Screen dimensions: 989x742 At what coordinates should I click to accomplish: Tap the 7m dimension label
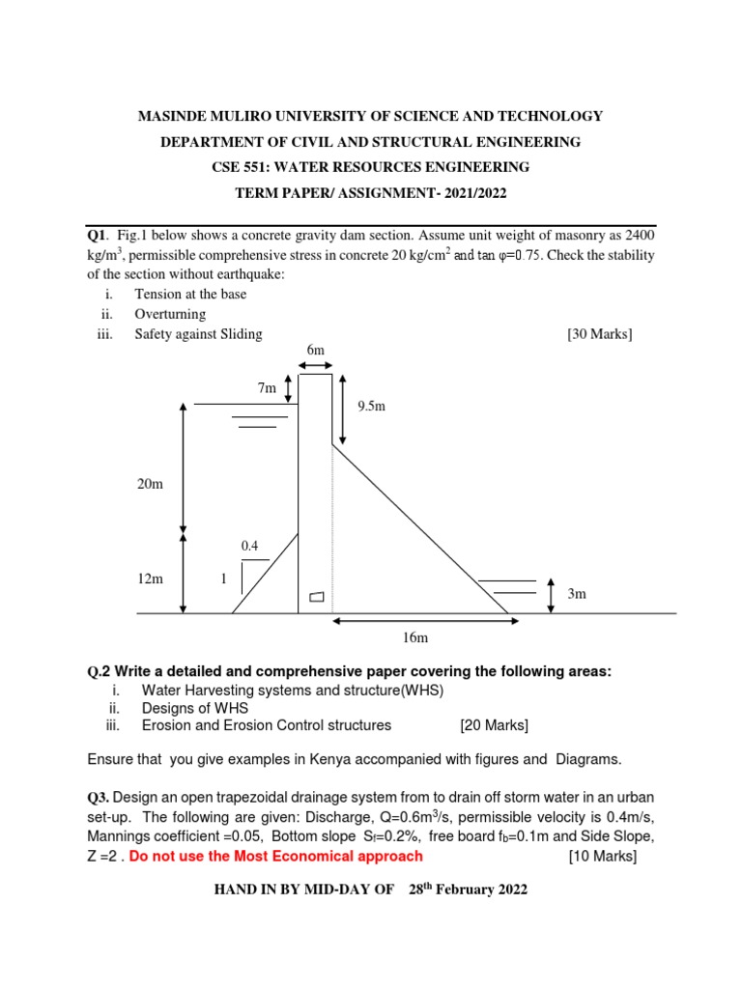(x=267, y=387)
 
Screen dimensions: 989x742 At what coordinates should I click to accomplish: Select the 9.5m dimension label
(x=371, y=407)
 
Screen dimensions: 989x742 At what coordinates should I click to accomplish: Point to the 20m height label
(x=150, y=483)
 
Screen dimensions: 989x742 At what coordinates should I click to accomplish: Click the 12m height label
(x=150, y=579)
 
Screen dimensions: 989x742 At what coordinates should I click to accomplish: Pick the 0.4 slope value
(x=249, y=546)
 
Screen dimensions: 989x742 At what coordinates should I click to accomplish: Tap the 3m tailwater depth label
(x=577, y=594)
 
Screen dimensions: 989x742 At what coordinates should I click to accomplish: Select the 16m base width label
(x=415, y=638)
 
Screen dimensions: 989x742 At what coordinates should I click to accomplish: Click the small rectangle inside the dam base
(x=316, y=597)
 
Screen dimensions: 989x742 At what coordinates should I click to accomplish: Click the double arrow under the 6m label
(x=315, y=365)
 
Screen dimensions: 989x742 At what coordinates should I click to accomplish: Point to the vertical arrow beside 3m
(x=550, y=595)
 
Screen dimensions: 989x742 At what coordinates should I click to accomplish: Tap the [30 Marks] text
(x=599, y=334)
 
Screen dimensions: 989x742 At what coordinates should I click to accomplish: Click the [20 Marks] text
(x=495, y=725)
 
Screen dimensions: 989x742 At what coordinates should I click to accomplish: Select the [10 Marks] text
(x=604, y=856)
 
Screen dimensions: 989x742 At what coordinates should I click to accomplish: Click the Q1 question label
(x=97, y=236)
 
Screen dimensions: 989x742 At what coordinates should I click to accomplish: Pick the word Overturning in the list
(x=170, y=314)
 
